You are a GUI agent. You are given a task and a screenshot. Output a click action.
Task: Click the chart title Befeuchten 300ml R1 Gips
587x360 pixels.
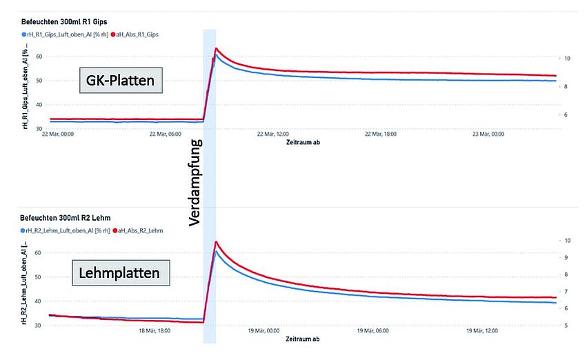coord(64,21)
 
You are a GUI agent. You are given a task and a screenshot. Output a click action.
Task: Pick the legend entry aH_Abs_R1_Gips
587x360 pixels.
coord(138,34)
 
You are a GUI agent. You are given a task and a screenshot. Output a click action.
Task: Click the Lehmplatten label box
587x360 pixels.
coord(120,273)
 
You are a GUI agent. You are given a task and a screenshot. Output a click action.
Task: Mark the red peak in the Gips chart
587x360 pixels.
coord(216,48)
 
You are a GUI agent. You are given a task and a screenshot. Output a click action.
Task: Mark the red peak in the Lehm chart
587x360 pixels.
coord(217,241)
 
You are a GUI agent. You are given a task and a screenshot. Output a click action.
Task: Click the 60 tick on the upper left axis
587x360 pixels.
coord(39,57)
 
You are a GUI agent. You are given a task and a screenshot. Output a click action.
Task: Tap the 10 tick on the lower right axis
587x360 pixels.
coord(566,241)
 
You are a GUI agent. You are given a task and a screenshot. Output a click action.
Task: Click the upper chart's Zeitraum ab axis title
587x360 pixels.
coord(301,143)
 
